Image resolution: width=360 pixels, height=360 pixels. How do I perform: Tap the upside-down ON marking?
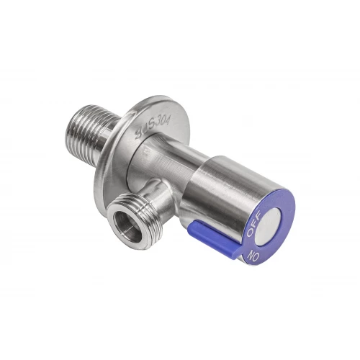253,256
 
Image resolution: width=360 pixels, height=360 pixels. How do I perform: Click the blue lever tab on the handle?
214,235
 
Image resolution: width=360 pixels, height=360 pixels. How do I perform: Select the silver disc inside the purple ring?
269,227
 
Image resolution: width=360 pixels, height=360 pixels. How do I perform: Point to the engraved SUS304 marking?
153,127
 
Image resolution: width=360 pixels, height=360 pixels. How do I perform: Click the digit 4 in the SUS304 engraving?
167,120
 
